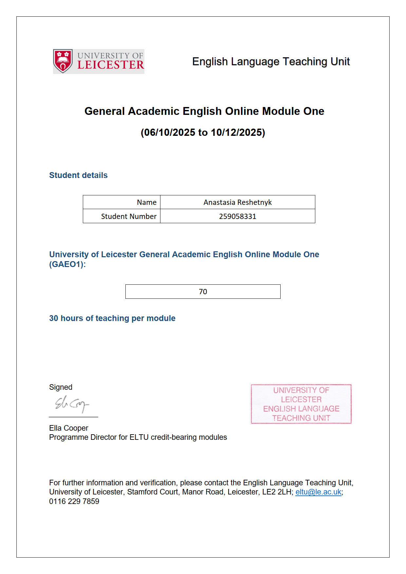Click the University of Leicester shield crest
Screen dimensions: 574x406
pyautogui.click(x=63, y=61)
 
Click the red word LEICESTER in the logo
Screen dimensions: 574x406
pyautogui.click(x=111, y=65)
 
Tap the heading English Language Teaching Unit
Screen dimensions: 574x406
pyautogui.click(x=271, y=62)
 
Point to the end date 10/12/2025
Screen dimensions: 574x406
pyautogui.click(x=236, y=133)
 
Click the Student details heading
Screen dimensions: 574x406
pyautogui.click(x=78, y=175)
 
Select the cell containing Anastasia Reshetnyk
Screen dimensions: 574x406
pyautogui.click(x=237, y=202)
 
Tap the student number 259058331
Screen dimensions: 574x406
pyautogui.click(x=237, y=216)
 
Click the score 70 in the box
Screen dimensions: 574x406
pyautogui.click(x=203, y=292)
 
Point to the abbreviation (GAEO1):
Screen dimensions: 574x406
pyautogui.click(x=67, y=264)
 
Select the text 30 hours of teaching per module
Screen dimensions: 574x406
pyautogui.click(x=112, y=318)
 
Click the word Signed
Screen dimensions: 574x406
pyautogui.click(x=61, y=387)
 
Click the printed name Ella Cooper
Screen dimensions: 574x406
pyautogui.click(x=69, y=428)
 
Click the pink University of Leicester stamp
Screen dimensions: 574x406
pyautogui.click(x=301, y=404)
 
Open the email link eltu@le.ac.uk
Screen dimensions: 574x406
pyautogui.click(x=318, y=492)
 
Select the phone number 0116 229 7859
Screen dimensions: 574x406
pyautogui.click(x=74, y=501)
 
